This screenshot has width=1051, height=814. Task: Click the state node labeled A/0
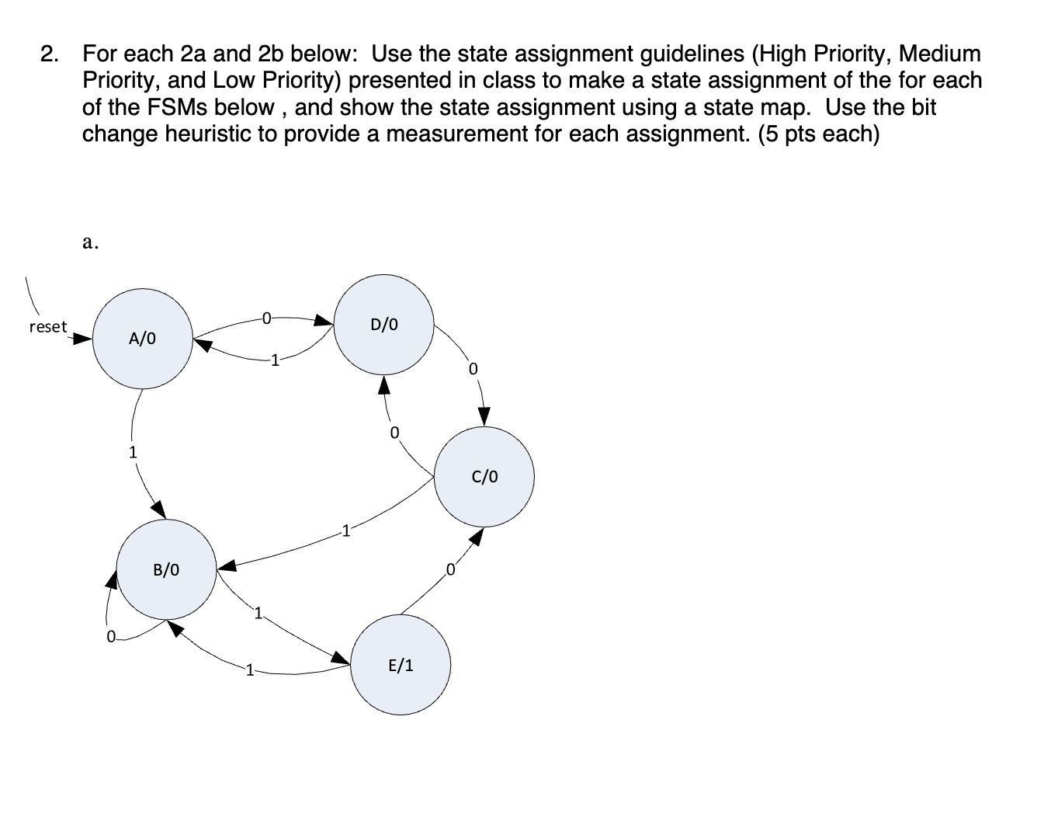pos(143,339)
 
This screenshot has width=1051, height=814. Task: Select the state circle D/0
pos(384,324)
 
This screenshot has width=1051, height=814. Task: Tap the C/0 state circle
pos(484,476)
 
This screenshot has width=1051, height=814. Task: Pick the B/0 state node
pos(166,569)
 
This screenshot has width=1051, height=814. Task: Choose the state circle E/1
pos(401,665)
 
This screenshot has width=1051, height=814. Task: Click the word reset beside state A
pos(48,327)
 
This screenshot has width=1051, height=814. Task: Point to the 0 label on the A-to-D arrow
pos(266,317)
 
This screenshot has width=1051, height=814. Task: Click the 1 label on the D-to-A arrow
pos(273,360)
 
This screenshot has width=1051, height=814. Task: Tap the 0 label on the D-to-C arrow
pos(473,367)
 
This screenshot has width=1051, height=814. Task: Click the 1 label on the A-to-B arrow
pos(133,451)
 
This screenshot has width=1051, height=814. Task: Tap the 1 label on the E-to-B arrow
pos(248,670)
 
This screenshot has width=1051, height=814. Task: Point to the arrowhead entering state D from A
pos(324,319)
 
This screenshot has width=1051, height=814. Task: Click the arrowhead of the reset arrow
pos(83,339)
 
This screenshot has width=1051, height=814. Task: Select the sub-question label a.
pos(90,242)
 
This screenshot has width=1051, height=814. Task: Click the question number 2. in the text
pos(50,54)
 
